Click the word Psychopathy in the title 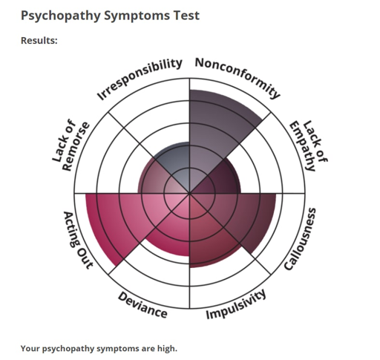(61, 16)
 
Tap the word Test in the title (186, 16)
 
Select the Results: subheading (39, 40)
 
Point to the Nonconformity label (238, 76)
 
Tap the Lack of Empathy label (309, 145)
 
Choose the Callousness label (300, 239)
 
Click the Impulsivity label (236, 304)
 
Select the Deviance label (142, 305)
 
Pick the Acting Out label (79, 240)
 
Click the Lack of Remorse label (71, 145)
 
